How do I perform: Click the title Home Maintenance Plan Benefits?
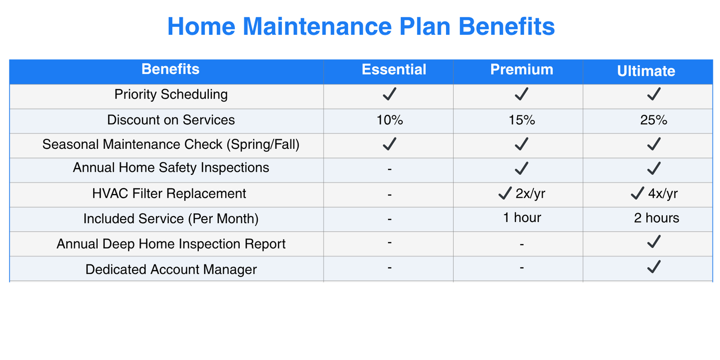point(361,27)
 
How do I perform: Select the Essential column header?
point(394,70)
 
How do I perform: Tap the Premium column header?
point(522,70)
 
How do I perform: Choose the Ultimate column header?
point(646,71)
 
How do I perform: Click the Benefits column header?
point(170,69)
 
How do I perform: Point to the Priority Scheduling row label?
point(171,95)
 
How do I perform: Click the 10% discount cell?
point(390,120)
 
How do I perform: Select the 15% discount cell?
point(522,120)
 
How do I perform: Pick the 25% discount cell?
point(653,120)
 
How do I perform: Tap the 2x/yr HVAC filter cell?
point(522,194)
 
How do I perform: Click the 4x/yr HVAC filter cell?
point(654,194)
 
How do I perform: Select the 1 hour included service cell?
point(522,218)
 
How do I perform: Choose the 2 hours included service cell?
point(656,218)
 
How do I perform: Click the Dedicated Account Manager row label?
point(171,269)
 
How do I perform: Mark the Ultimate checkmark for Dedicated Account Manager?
point(653,267)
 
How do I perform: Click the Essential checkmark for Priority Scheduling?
point(389,94)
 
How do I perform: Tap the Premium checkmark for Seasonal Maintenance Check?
point(521,144)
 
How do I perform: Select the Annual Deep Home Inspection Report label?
point(171,244)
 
